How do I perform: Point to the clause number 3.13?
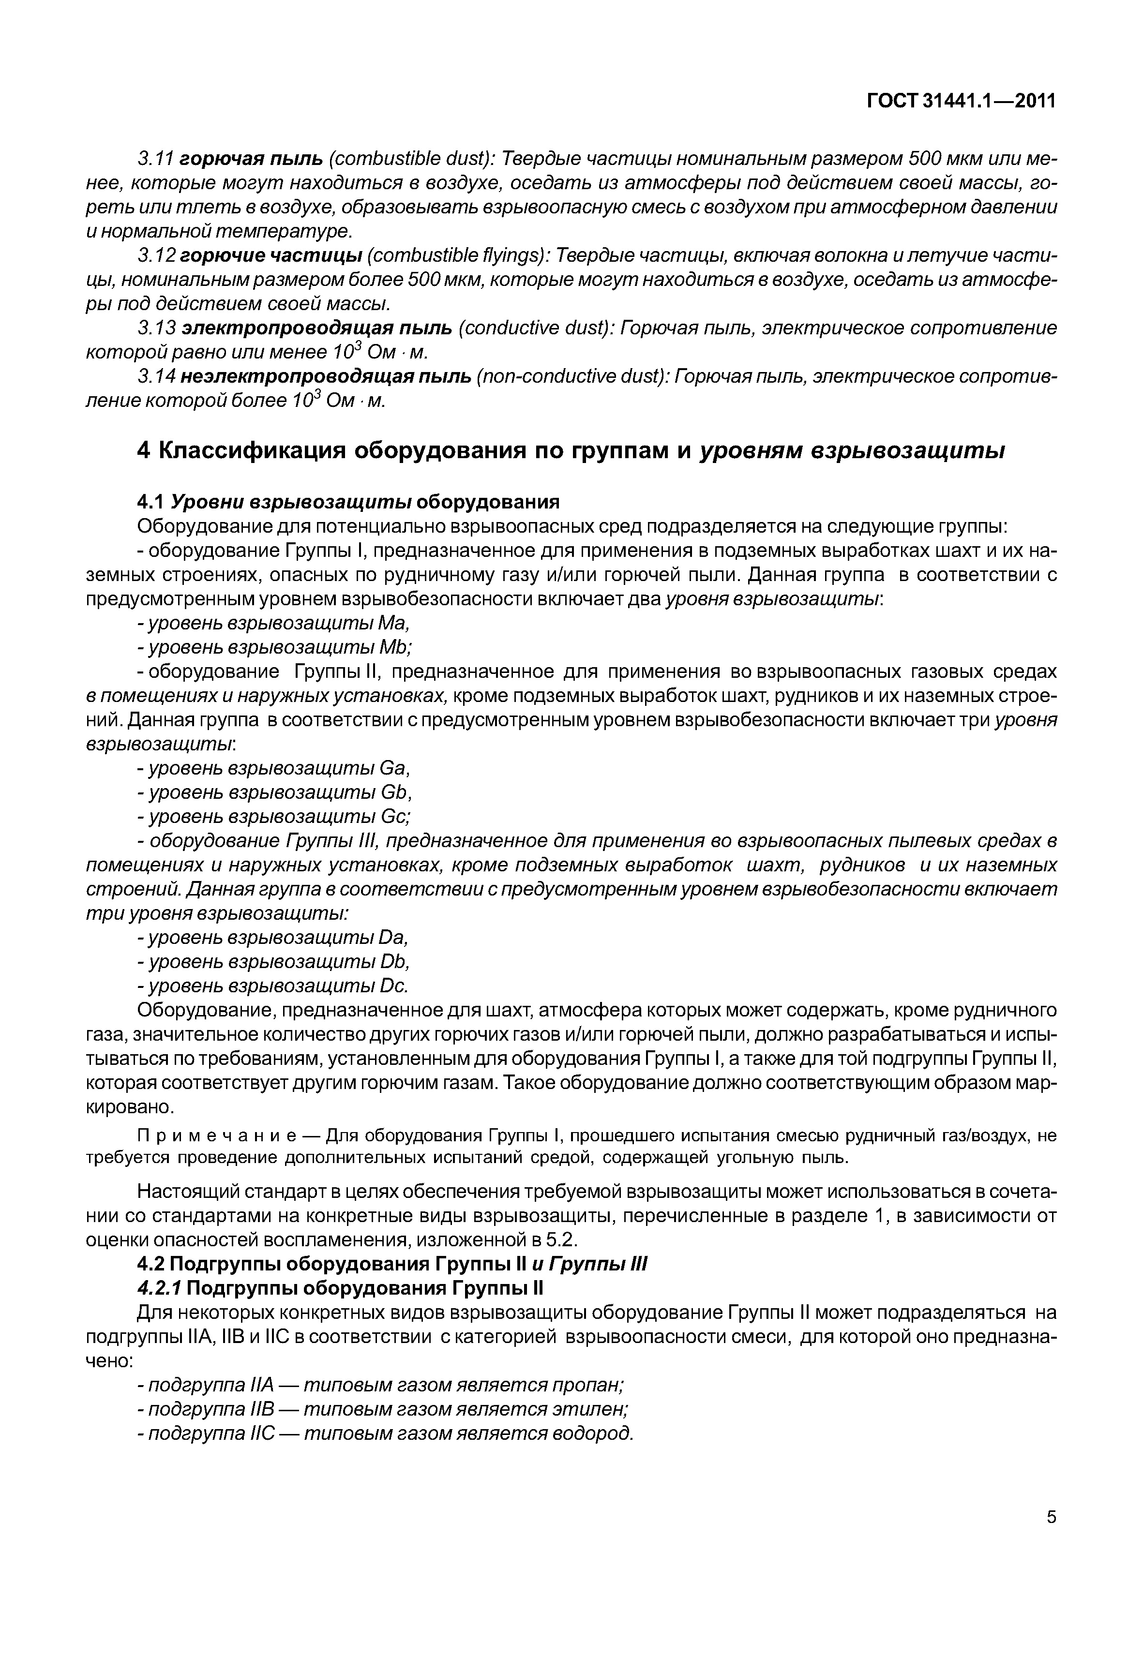click(x=156, y=328)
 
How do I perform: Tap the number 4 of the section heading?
click(x=144, y=451)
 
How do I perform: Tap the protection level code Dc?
click(x=392, y=987)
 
